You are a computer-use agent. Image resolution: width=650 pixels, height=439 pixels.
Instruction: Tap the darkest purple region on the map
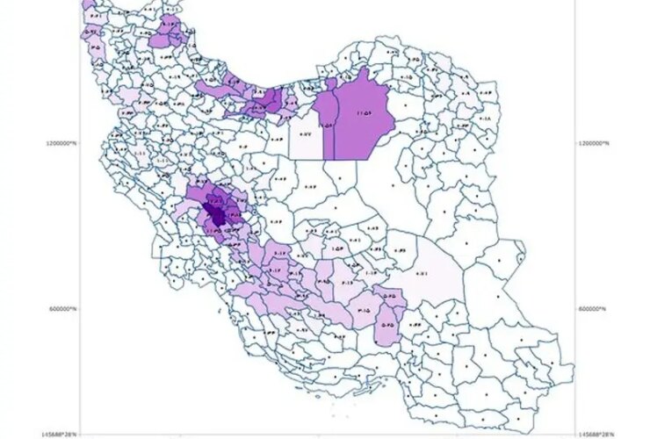(x=214, y=212)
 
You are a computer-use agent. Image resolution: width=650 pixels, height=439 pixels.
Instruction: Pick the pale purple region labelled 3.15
(x=364, y=308)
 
